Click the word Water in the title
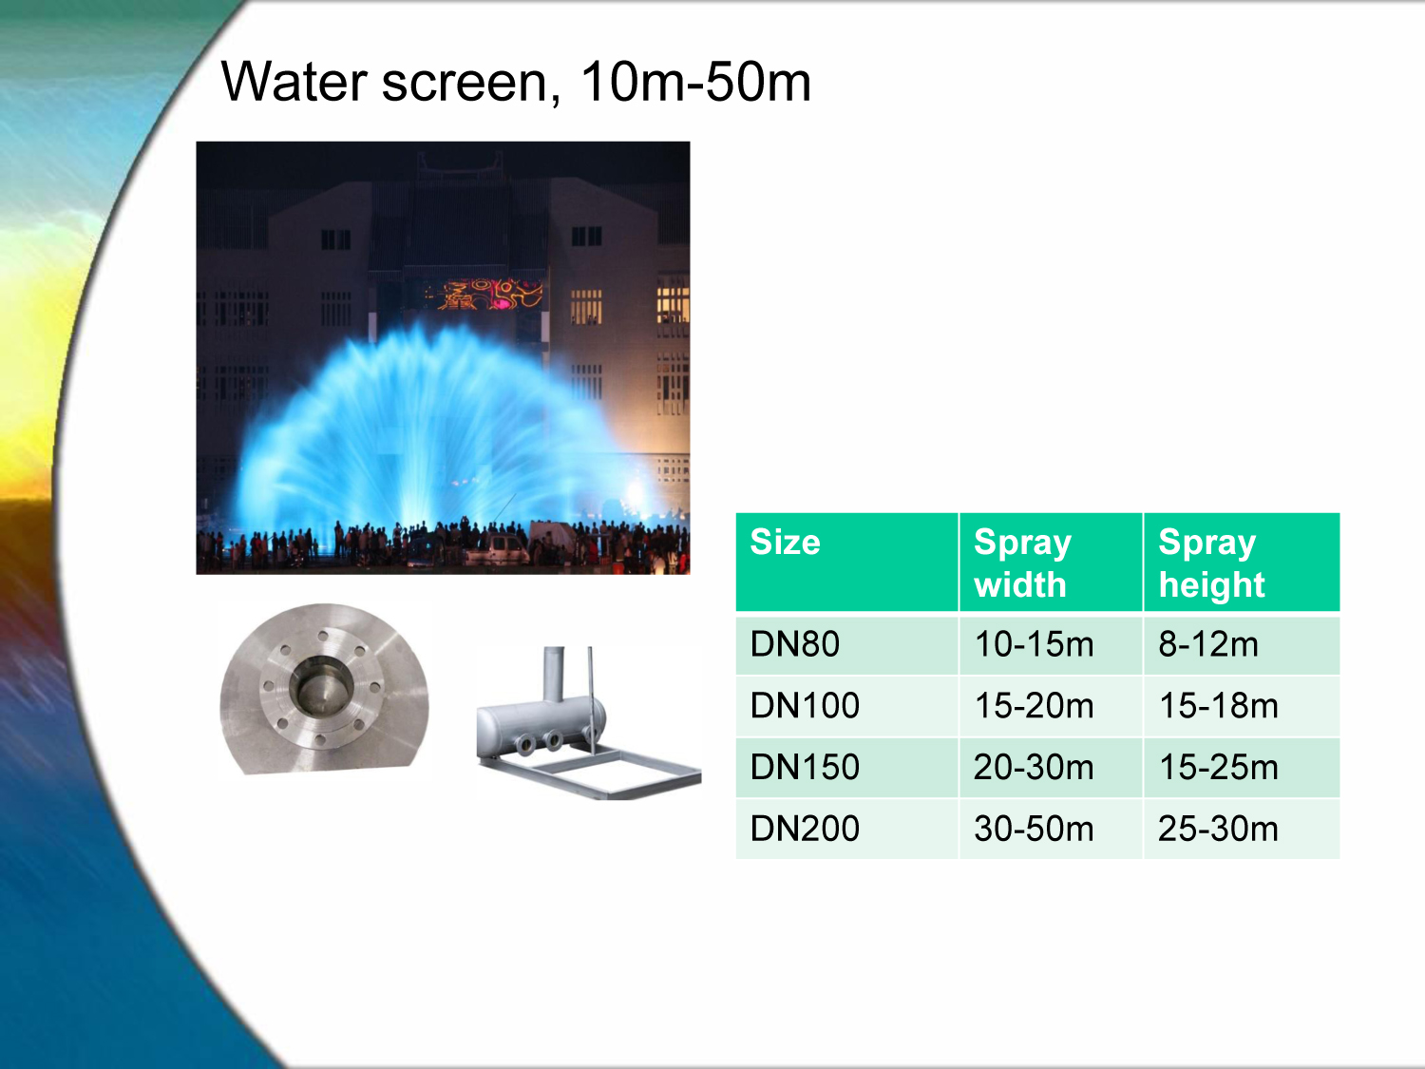tap(294, 82)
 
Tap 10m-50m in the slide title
tap(695, 82)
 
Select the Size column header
tap(785, 542)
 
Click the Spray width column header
tap(1022, 563)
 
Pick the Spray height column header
tap(1211, 563)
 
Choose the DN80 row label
tap(794, 644)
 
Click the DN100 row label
tap(805, 705)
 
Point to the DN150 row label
tap(805, 767)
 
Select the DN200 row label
tap(805, 829)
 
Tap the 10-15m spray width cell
tap(1034, 644)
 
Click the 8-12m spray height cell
tap(1208, 644)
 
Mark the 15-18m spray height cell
tap(1219, 705)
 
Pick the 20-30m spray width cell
tap(1034, 767)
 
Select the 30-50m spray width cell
tap(1034, 829)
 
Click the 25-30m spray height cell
tap(1219, 829)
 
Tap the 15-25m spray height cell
tap(1219, 767)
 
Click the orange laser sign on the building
tap(489, 294)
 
